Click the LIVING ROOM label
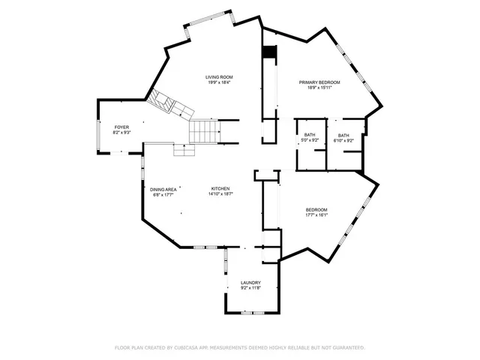click(219, 77)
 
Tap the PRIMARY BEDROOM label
click(319, 82)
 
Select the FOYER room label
click(121, 127)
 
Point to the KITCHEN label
click(220, 188)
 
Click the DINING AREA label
click(163, 189)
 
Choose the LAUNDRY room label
click(250, 283)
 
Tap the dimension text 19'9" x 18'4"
click(219, 82)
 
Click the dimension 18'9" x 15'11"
click(319, 87)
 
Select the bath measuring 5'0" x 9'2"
click(310, 137)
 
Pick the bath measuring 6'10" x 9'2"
click(343, 137)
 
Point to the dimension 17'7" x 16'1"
click(316, 214)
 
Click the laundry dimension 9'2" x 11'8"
click(250, 288)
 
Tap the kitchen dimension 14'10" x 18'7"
click(220, 193)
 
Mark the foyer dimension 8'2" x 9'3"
click(121, 133)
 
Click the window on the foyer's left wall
click(100, 136)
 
